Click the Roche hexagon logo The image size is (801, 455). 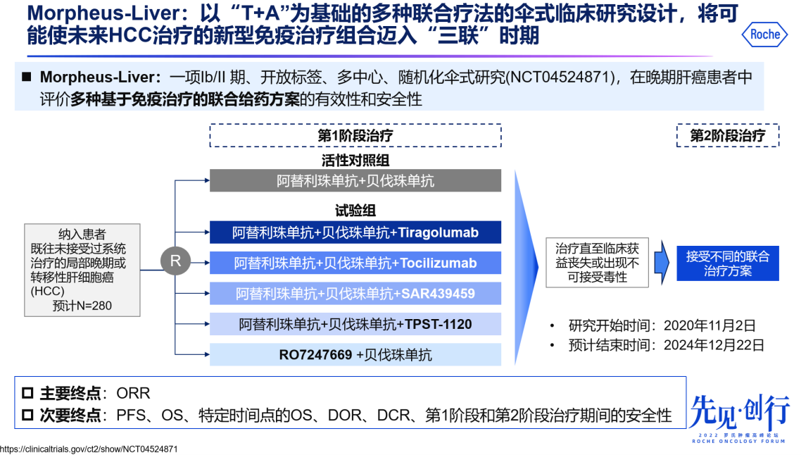765,34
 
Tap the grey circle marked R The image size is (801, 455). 175,261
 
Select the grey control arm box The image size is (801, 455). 355,181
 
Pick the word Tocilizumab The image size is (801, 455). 439,263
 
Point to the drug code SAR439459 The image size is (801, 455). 437,294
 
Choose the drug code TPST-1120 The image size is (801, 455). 437,324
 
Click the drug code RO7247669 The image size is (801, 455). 315,355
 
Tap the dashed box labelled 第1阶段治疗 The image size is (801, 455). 355,135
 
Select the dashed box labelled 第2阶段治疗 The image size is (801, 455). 728,135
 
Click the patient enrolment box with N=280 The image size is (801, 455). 82,270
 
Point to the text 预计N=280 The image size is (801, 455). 82,306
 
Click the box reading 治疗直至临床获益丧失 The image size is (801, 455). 597,263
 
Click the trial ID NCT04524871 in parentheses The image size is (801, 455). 560,77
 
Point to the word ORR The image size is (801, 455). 134,393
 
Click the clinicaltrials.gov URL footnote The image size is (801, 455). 89,449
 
